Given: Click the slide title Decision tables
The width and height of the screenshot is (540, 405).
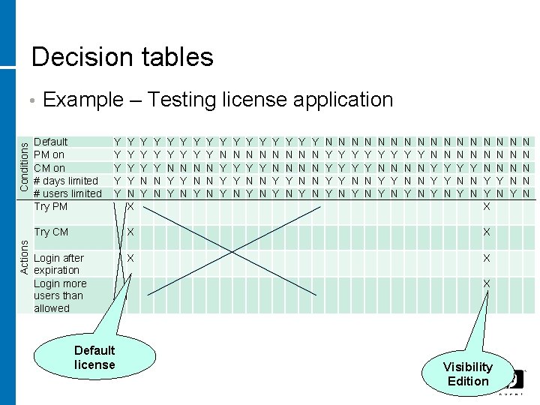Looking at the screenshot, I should (x=122, y=57).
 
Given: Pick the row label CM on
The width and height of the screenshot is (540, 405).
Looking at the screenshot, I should (x=50, y=167).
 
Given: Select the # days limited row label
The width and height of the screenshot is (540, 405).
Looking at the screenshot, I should (x=66, y=180).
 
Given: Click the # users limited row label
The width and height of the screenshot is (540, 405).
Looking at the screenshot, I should (x=68, y=193).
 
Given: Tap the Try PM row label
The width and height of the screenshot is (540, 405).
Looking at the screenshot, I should (x=51, y=205).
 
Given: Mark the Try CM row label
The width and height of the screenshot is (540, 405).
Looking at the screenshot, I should (x=52, y=232).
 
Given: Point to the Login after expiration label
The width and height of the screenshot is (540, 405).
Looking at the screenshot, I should (x=58, y=264).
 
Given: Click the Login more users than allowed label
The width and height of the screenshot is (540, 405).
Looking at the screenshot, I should (x=60, y=295).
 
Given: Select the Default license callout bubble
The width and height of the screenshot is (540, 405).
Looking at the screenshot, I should (x=94, y=357).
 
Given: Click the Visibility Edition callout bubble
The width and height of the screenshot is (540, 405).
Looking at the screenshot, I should (x=467, y=373).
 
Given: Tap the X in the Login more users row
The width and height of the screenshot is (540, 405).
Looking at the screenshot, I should (x=486, y=283).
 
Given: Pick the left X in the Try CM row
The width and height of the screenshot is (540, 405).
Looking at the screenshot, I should (x=130, y=232).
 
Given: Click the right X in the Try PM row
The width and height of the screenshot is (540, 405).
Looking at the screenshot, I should (x=486, y=205).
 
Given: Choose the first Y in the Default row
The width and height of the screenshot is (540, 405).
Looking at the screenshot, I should (x=117, y=141).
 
